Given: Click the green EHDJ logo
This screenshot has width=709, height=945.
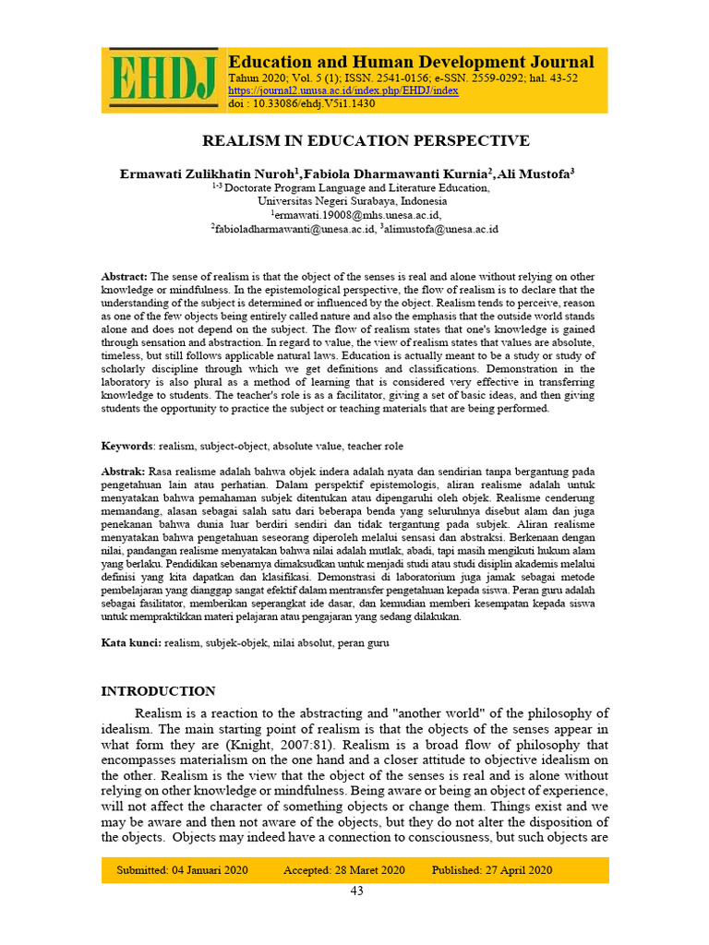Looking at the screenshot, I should [162, 79].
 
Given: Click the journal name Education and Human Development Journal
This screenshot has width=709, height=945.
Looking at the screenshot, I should [411, 62].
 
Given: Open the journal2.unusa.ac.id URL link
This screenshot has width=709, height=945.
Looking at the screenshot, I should [342, 90].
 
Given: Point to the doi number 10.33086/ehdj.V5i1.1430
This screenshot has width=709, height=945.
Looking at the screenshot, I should [313, 103].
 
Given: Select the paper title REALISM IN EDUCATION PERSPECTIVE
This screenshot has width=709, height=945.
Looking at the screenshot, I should [367, 140].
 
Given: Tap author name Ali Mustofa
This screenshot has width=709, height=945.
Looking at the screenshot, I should [536, 173].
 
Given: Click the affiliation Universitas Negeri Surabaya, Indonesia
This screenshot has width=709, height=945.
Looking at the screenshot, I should [352, 200].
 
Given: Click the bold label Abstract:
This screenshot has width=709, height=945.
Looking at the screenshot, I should [124, 277].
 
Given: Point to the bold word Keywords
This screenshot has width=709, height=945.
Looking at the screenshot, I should [126, 446].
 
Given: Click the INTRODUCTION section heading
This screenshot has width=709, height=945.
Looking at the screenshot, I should [158, 691].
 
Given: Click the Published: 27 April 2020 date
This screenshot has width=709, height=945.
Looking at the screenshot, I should [491, 870].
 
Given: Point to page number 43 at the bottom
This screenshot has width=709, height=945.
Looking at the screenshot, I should [356, 891].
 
